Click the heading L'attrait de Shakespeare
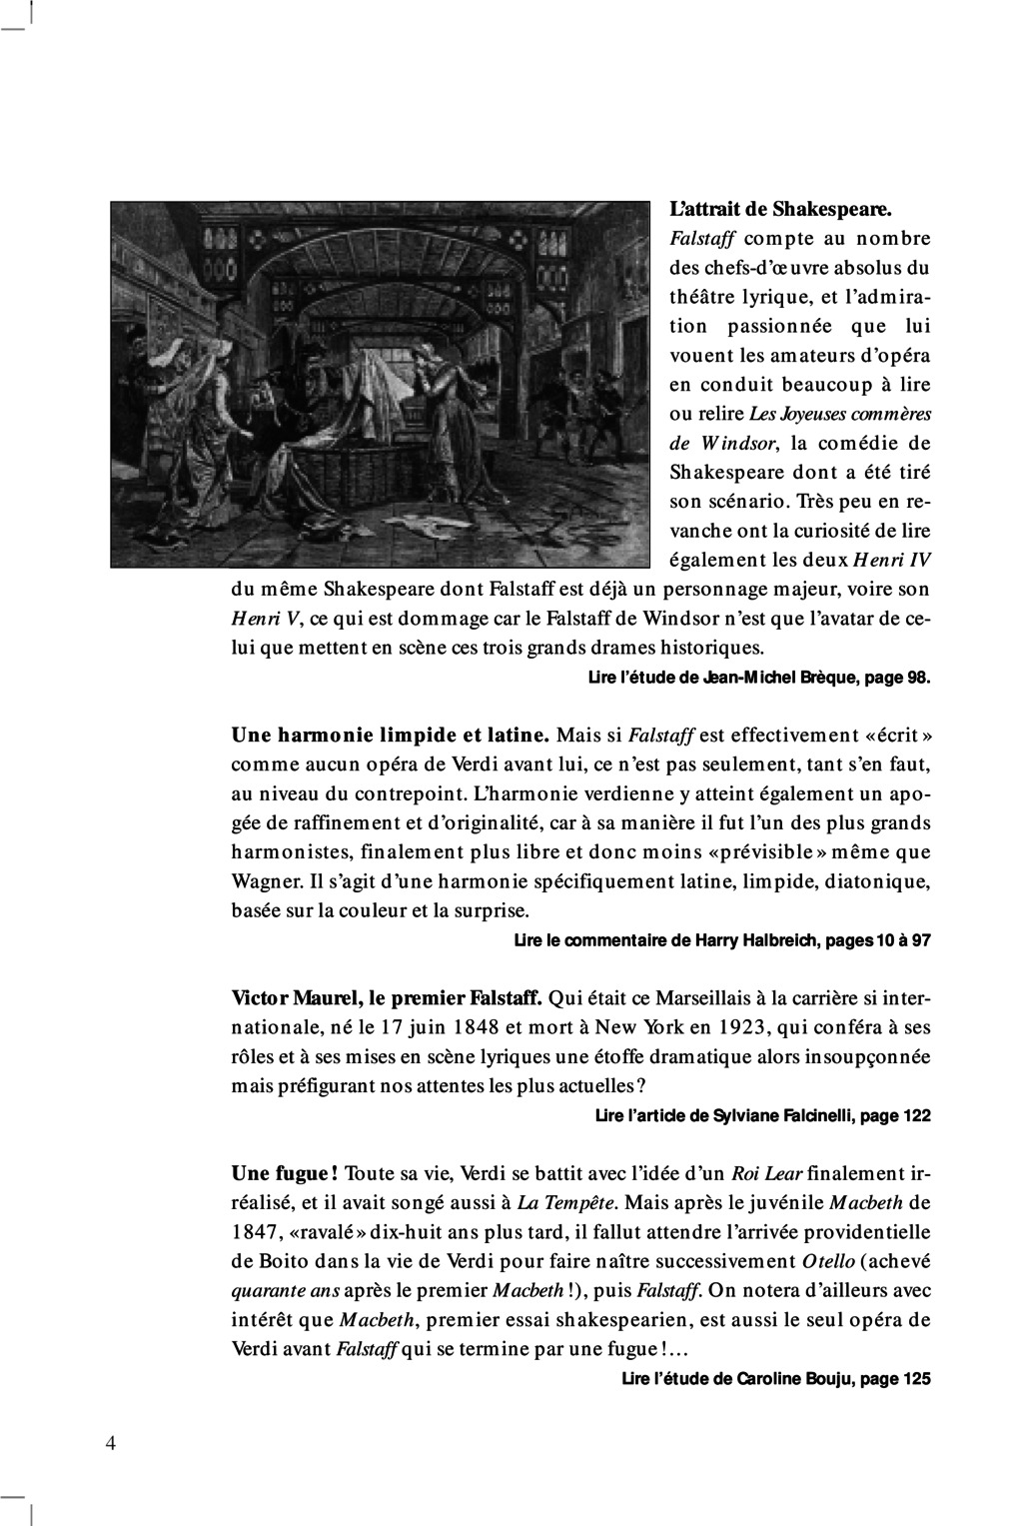779,210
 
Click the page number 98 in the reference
916,679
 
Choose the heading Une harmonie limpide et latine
391,737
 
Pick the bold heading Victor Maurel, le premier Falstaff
387,998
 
